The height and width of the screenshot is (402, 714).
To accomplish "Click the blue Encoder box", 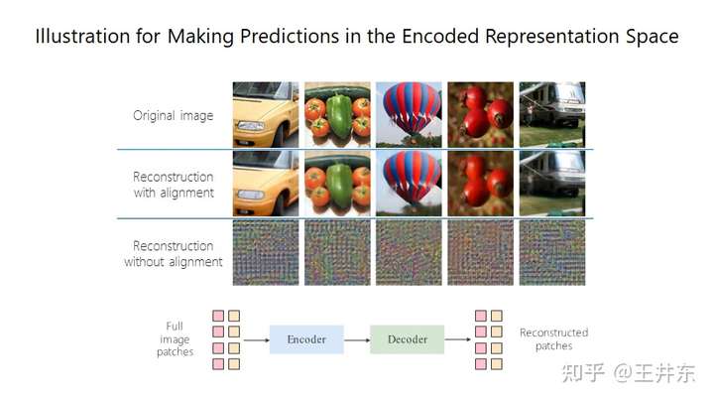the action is pos(306,339).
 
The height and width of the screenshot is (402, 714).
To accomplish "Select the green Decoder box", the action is pos(408,339).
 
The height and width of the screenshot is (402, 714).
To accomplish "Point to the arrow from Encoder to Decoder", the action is pos(357,340).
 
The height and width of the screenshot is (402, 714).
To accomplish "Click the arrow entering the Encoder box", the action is pos(257,340).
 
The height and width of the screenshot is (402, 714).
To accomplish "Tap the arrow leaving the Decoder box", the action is pos(457,339).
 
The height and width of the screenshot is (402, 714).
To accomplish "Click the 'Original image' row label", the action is pos(173,116).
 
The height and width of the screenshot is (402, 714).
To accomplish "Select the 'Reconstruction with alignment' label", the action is pos(174,185).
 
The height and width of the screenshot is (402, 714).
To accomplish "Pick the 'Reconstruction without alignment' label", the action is pos(173,254).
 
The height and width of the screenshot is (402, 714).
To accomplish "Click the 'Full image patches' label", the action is pos(175,339).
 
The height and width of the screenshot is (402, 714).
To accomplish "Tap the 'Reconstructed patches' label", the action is pos(553,339).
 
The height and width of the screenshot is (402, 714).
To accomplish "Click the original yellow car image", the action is pos(266,114).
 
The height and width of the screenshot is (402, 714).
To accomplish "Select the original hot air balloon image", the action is pos(409,114).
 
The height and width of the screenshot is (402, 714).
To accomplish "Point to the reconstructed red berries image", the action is pos(480,184).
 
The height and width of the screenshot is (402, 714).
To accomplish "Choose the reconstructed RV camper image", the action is pos(552,184).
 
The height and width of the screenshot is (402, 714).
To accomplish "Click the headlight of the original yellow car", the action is pos(251,126).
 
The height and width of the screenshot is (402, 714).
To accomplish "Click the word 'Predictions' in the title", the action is pos(290,37).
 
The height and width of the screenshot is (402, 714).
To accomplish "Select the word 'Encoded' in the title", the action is pos(440,36).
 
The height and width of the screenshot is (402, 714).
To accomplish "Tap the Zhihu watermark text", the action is pos(629,373).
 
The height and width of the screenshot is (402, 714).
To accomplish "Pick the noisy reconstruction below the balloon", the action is pos(409,253).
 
